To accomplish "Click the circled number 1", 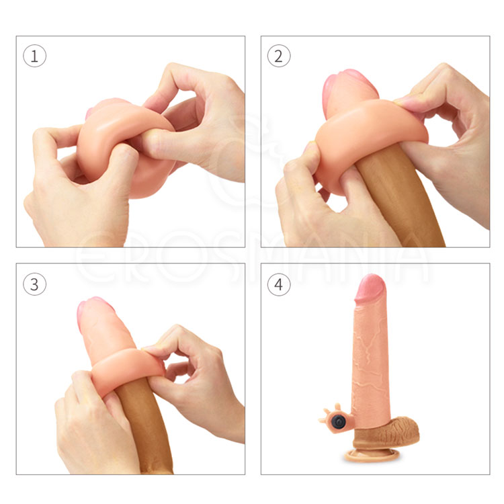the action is click(34, 56).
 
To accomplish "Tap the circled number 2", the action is click(279, 56).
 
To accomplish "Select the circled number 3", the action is click(34, 284).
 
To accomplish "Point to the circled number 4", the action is click(279, 284).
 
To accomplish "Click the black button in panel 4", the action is click(338, 420).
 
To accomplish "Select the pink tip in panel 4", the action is click(370, 287).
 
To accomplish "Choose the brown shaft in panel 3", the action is click(144, 427).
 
